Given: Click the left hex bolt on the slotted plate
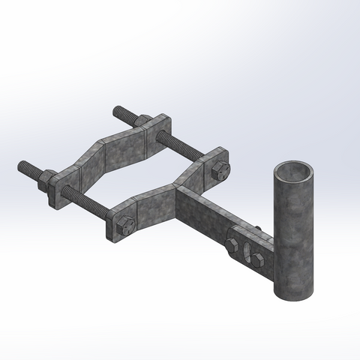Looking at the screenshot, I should [x=232, y=241].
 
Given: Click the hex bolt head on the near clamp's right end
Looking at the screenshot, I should [x=219, y=171].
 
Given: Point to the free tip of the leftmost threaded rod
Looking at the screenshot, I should [x=22, y=165].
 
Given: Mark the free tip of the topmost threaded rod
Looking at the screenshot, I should [x=117, y=110].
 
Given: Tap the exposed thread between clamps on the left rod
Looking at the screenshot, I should [x=86, y=200].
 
